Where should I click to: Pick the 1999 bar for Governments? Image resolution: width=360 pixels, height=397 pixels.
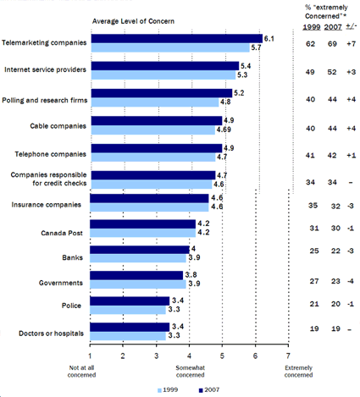(138, 283)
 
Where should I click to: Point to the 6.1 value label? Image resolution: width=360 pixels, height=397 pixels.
(269, 38)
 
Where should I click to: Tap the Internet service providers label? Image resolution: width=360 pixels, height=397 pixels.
(46, 69)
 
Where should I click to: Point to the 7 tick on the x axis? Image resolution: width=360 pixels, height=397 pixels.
(289, 356)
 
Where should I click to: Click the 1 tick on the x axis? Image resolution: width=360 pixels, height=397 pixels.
(91, 356)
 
